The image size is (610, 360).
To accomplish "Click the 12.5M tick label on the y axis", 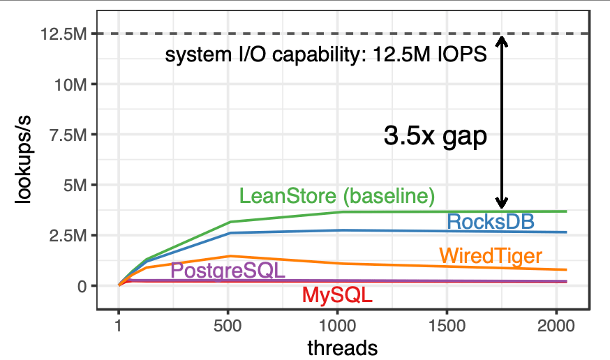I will [61, 33].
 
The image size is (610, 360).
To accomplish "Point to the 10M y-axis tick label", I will [68, 84].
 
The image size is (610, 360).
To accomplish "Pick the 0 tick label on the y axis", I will [82, 286].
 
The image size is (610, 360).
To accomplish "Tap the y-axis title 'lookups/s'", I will [24, 170].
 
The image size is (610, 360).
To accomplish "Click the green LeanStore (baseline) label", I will [337, 196].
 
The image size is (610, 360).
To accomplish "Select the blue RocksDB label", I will [490, 222].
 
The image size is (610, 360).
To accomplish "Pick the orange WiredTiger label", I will [491, 255].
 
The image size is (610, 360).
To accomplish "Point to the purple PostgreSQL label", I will [228, 271].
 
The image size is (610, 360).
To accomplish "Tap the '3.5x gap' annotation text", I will [435, 136].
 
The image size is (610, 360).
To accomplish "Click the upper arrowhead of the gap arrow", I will [502, 41].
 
